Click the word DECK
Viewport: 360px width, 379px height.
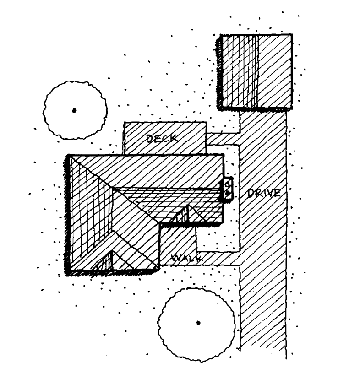tap(160, 138)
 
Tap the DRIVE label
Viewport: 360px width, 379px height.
tap(263, 193)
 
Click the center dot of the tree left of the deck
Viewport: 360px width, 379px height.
tap(74, 110)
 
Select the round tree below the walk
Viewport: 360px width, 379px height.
tap(198, 322)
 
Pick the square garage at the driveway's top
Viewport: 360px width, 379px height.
tap(255, 71)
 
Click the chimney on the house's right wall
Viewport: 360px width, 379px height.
tap(227, 189)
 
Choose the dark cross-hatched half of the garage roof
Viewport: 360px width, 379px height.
tap(238, 71)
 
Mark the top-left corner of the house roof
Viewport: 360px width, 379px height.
tap(69, 156)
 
